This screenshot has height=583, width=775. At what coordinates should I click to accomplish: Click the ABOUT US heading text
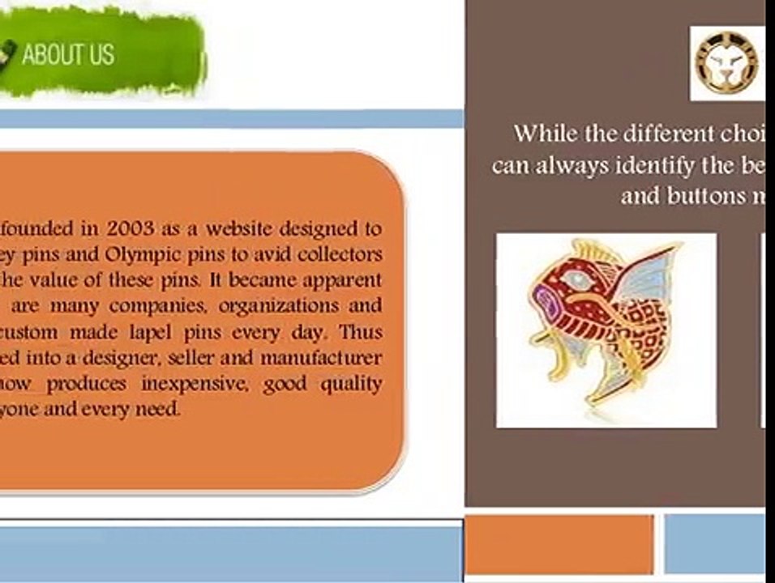pos(68,55)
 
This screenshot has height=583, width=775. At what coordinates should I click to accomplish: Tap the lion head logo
pos(728,63)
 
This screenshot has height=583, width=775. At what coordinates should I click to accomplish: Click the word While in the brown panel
pos(547,133)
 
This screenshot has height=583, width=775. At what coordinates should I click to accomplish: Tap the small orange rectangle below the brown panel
pos(559,544)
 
